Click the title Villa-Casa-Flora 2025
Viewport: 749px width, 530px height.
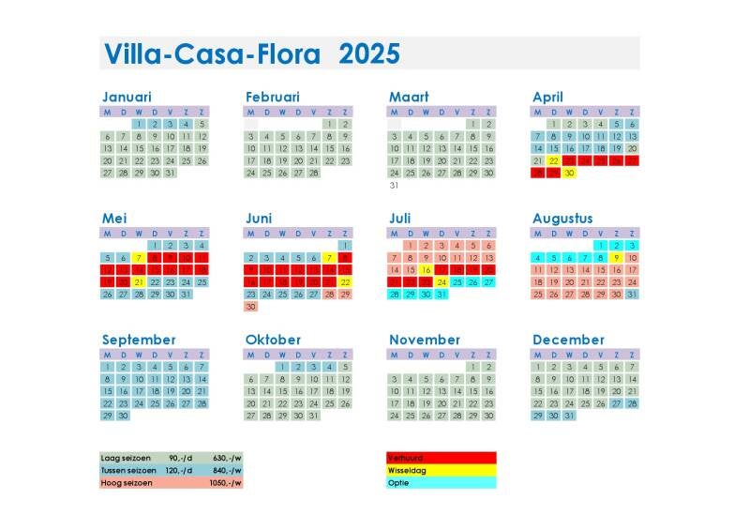click(x=251, y=53)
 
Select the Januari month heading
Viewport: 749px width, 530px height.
click(x=127, y=97)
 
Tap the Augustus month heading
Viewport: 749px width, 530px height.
click(x=562, y=218)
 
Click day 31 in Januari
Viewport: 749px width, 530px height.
click(x=170, y=173)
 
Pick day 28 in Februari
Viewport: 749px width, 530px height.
click(x=313, y=173)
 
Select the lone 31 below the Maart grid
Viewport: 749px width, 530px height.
click(x=395, y=185)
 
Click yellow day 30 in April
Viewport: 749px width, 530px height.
click(x=569, y=173)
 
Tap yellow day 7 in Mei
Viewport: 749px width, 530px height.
click(x=139, y=257)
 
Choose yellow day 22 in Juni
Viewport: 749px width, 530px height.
click(x=345, y=281)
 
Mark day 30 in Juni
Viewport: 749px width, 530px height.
click(x=251, y=306)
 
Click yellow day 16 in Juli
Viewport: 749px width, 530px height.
click(x=426, y=269)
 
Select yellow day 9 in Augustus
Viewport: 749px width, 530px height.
click(x=616, y=257)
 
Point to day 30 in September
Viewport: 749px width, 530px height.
click(x=123, y=415)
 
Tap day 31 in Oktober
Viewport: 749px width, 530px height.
click(x=313, y=415)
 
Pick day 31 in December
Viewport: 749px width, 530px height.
click(x=569, y=415)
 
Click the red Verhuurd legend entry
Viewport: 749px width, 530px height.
click(x=441, y=458)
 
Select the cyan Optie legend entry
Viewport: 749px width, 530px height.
click(x=441, y=483)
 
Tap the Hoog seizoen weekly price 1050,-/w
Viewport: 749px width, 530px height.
click(x=225, y=483)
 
